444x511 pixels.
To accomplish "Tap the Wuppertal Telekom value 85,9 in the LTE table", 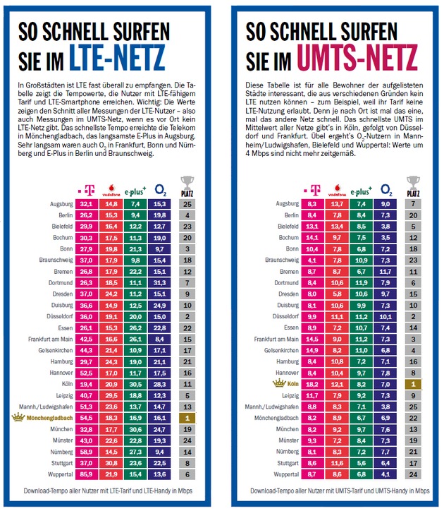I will tap(87, 474).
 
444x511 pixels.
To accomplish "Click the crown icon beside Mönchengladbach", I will tap(16, 418).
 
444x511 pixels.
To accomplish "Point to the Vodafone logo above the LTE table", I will tap(112, 189).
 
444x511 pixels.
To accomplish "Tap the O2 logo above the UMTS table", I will tap(386, 189).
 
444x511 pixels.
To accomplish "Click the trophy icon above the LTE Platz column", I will tap(187, 185).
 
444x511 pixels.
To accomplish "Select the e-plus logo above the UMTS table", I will tap(359, 190).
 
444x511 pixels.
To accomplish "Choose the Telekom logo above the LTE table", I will tap(87, 190).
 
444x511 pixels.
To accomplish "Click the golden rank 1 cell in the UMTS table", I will tap(414, 384).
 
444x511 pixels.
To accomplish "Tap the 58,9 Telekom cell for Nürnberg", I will tap(87, 452).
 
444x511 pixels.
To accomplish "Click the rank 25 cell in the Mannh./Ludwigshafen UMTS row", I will tap(414, 407).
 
